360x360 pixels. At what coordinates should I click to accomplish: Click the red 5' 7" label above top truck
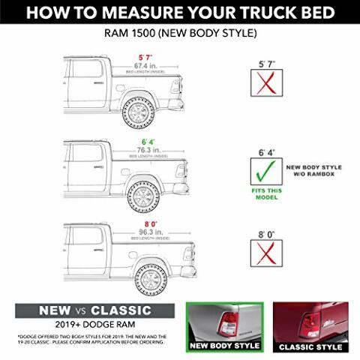[x=145, y=57]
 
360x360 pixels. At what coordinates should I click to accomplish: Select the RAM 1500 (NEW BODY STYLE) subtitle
[x=179, y=34]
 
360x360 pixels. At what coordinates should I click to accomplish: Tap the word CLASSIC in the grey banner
[x=121, y=310]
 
